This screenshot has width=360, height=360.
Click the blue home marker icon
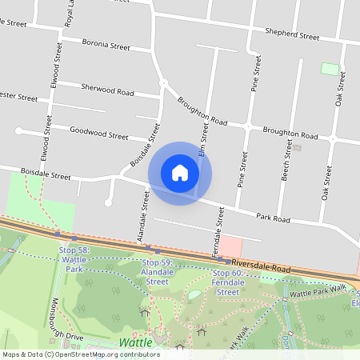180,173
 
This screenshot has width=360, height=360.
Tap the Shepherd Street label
294,35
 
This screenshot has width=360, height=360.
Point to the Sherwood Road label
106,90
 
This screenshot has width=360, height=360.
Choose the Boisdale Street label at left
46,174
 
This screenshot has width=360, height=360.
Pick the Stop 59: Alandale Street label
157,271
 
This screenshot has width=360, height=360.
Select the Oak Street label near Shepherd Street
340,89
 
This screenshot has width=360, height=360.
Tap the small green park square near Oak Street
330,69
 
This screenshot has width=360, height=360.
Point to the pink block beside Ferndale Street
230,246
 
